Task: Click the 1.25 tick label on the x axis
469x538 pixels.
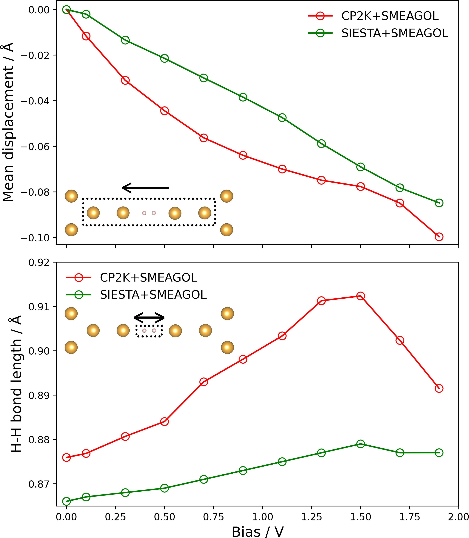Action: [311, 517]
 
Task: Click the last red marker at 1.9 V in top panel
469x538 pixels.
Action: [439, 237]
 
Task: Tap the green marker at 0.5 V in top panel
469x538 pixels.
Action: [164, 58]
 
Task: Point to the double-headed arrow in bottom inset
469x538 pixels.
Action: [149, 318]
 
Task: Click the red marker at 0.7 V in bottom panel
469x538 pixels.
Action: [204, 382]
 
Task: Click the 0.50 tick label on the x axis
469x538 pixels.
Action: [164, 517]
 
